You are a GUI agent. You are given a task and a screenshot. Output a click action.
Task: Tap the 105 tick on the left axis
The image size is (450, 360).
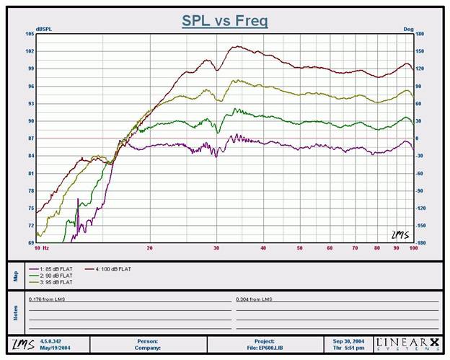(x=30, y=34)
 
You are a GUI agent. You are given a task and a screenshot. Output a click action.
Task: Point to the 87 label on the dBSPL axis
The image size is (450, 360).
(x=31, y=139)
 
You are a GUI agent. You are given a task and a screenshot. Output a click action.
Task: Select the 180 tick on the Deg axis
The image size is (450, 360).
(x=419, y=34)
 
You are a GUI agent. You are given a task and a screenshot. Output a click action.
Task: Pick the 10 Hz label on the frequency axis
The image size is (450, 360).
(x=42, y=247)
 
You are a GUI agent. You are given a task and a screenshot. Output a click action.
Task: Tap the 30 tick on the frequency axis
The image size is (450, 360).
(x=216, y=247)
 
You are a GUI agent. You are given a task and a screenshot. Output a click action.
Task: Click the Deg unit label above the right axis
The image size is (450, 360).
(x=407, y=29)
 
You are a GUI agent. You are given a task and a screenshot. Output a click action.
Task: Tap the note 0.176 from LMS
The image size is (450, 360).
(x=47, y=297)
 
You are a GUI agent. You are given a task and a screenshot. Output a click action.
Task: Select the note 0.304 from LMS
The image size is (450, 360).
(x=254, y=297)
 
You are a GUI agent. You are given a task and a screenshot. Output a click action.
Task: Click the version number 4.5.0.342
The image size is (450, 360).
(x=51, y=341)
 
